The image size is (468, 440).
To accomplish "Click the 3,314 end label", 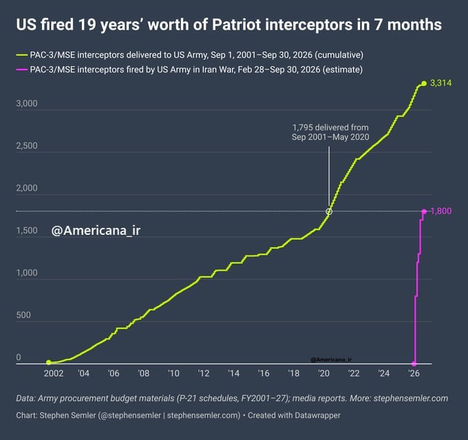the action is (x=440, y=83).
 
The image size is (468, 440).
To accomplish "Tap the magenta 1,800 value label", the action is (x=441, y=211).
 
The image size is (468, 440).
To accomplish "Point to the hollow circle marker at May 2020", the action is (x=329, y=211).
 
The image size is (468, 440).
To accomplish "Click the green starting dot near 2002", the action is (x=49, y=362).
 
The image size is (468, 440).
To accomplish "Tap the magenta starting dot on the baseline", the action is (x=414, y=364).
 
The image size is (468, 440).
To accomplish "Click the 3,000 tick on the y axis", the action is (x=27, y=103).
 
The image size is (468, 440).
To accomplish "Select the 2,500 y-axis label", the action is (x=27, y=146).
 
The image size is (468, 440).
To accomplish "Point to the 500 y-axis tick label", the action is (x=23, y=315).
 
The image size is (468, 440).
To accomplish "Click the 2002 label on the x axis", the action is (x=54, y=373).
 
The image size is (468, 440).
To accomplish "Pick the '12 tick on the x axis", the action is (x=204, y=373).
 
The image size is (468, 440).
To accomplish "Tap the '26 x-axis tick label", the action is (x=414, y=373).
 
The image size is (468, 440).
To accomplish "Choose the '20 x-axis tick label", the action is (x=323, y=373).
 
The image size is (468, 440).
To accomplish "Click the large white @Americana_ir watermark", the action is (x=96, y=231).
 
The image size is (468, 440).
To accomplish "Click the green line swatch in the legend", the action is (x=22, y=55).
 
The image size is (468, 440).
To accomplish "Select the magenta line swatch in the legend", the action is (x=22, y=70).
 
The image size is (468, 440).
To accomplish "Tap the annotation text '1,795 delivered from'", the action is (x=330, y=127).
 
